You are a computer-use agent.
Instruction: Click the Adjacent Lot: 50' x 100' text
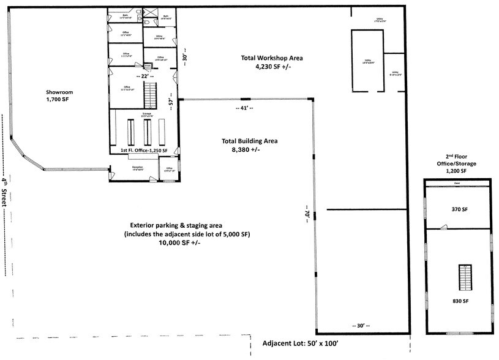tap(301, 344)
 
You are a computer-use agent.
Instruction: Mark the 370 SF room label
tap(460, 209)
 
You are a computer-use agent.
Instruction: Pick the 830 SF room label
tap(460, 301)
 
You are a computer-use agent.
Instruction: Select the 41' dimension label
tap(245, 108)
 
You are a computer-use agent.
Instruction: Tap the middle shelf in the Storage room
tap(146, 130)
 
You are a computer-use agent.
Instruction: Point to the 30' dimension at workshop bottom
tap(362, 325)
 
